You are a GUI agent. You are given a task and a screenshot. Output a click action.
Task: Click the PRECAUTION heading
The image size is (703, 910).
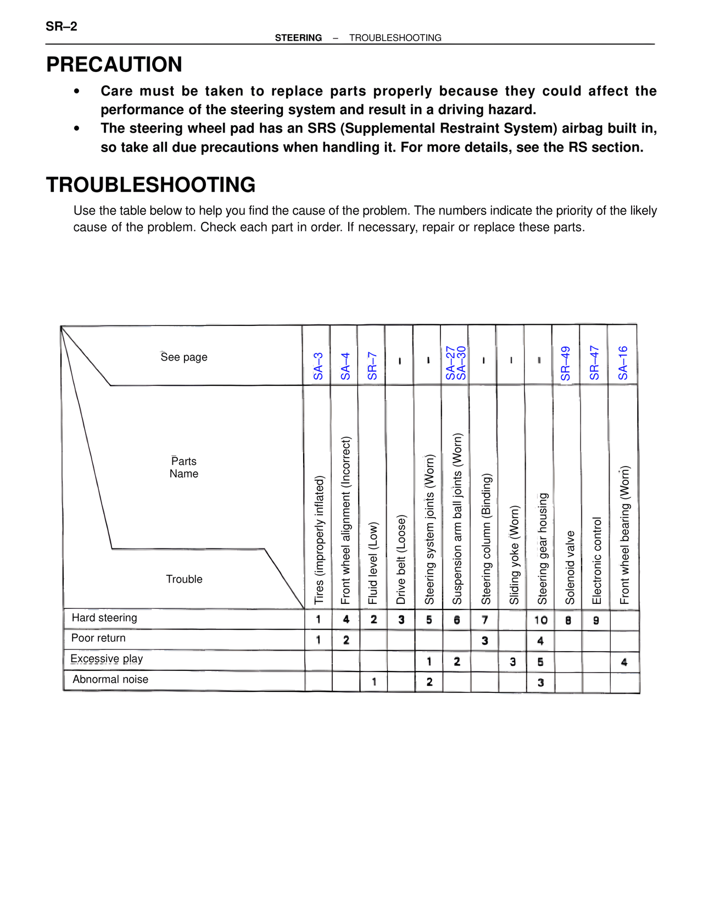point(114,65)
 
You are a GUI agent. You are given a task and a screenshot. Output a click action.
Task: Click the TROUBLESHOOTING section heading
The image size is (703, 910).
point(150,185)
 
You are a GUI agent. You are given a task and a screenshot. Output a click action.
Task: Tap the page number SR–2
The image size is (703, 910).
point(62,26)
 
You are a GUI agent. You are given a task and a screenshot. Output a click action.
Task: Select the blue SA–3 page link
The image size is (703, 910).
point(318,366)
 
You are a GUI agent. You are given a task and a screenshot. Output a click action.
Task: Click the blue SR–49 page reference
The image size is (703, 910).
point(566,363)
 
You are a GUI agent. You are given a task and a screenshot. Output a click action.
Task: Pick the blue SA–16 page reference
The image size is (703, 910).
point(623,363)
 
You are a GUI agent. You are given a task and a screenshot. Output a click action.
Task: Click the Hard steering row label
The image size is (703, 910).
point(104,618)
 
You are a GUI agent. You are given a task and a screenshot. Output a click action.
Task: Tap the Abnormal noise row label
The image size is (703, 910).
point(110,679)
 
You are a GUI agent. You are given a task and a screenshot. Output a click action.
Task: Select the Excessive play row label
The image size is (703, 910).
point(107,659)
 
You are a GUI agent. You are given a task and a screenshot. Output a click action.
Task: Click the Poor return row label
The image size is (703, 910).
point(98,638)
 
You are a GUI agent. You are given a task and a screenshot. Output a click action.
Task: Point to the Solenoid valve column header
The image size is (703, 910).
point(570,567)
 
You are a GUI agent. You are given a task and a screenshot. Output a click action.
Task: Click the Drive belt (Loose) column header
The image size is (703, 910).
point(401,559)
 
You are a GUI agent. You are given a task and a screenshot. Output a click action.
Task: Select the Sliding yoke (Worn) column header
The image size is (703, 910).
point(514,555)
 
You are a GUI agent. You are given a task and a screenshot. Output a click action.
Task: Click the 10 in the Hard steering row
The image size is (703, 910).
point(540,620)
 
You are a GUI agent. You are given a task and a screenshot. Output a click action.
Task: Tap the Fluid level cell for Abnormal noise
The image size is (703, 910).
point(374,682)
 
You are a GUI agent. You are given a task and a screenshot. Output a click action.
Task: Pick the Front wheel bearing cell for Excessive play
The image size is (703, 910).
point(624,662)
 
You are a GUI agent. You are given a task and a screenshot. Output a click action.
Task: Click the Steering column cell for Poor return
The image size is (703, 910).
point(484,641)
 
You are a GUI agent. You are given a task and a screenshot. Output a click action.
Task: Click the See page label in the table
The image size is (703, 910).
point(184,357)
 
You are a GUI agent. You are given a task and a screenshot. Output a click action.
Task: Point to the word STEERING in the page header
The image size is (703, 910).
point(298,38)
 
